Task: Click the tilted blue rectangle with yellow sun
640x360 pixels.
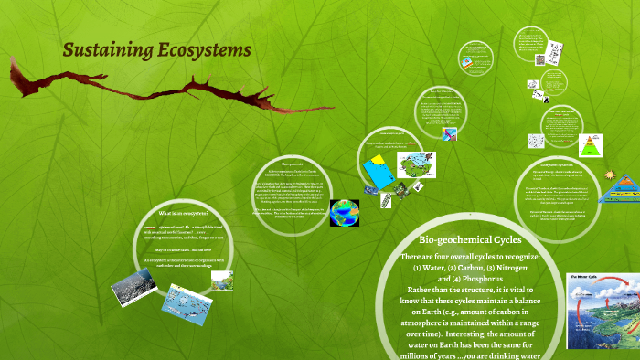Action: point(376,170)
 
